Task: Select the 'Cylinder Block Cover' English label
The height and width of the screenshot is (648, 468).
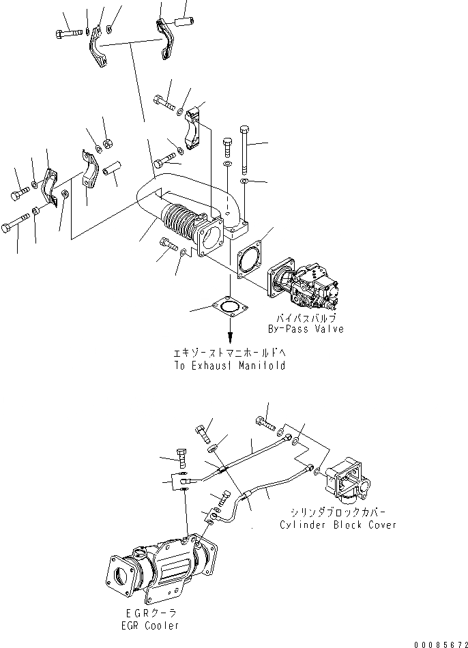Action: (x=338, y=525)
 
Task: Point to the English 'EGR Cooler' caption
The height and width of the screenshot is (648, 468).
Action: (x=148, y=625)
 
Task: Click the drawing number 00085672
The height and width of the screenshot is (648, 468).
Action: (x=439, y=642)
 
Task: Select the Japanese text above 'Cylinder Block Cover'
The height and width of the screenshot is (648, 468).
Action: (x=338, y=514)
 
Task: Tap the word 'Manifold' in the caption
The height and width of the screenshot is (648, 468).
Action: (x=260, y=366)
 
